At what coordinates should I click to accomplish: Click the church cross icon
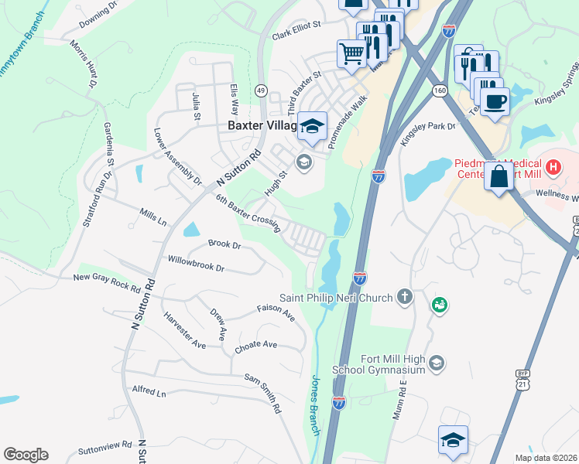(x=403, y=296)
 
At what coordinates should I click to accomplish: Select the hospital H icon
(x=553, y=165)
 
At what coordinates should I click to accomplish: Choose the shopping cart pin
(x=351, y=54)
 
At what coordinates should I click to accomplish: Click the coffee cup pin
(x=495, y=101)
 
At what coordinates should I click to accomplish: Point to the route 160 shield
(x=440, y=90)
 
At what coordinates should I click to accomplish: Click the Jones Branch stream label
(x=315, y=404)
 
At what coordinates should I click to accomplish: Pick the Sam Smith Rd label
(x=262, y=391)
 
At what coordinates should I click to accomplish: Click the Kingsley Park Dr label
(x=428, y=133)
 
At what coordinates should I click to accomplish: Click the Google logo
(x=26, y=455)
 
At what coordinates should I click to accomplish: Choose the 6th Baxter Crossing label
(x=247, y=210)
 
